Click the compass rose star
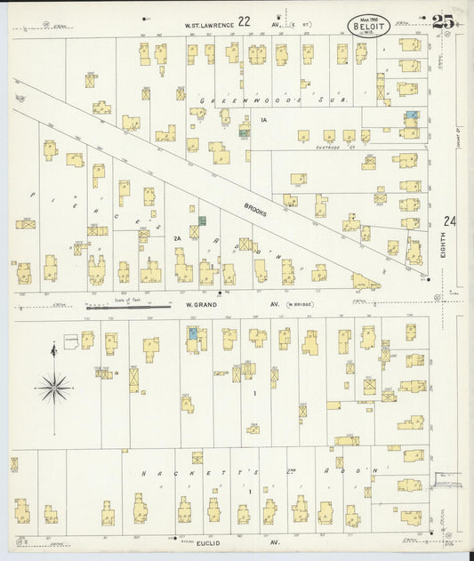54,386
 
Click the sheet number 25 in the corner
444,22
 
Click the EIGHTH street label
443,252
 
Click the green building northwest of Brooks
203,220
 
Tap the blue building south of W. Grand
192,333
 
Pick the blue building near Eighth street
411,116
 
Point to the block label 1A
263,119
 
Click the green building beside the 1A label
244,132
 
